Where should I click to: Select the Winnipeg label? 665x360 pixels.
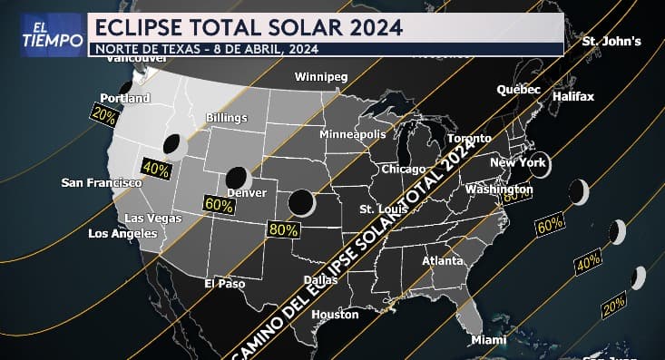point(321,77)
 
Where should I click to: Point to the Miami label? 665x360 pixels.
point(488,340)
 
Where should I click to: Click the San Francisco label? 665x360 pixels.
point(102,183)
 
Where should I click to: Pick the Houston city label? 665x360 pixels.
point(335,315)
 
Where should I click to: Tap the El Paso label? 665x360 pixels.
point(225,284)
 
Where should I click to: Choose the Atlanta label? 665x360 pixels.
point(443,260)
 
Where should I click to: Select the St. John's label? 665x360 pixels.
point(611,41)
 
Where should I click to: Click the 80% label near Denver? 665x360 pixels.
point(283,229)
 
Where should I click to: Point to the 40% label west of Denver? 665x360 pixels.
point(156,170)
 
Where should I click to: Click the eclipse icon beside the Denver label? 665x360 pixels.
point(238,177)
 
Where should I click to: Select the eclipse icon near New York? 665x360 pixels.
point(542,167)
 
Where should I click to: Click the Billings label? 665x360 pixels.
point(227,118)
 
